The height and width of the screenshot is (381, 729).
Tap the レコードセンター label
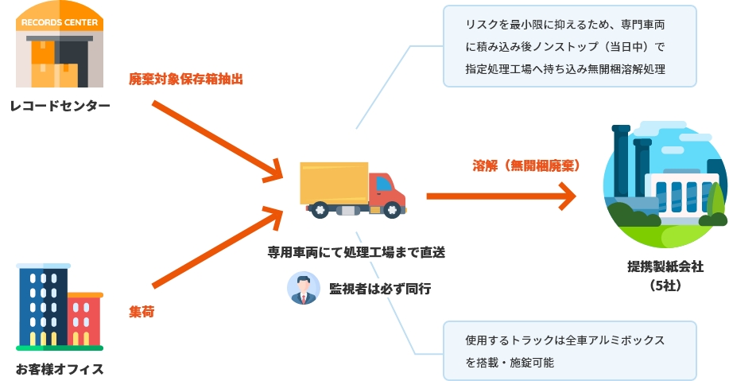point(60,106)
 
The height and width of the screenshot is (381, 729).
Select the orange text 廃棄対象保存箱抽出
point(185,79)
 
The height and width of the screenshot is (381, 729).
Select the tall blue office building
point(43,306)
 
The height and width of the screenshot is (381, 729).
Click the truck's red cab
point(387,191)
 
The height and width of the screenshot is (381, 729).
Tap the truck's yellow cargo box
point(334,183)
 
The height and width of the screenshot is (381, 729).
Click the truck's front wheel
point(392,211)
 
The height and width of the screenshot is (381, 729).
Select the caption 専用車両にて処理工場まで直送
point(356,252)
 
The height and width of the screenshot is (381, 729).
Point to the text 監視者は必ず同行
point(380,289)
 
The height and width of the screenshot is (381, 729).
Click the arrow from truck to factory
point(501,196)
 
